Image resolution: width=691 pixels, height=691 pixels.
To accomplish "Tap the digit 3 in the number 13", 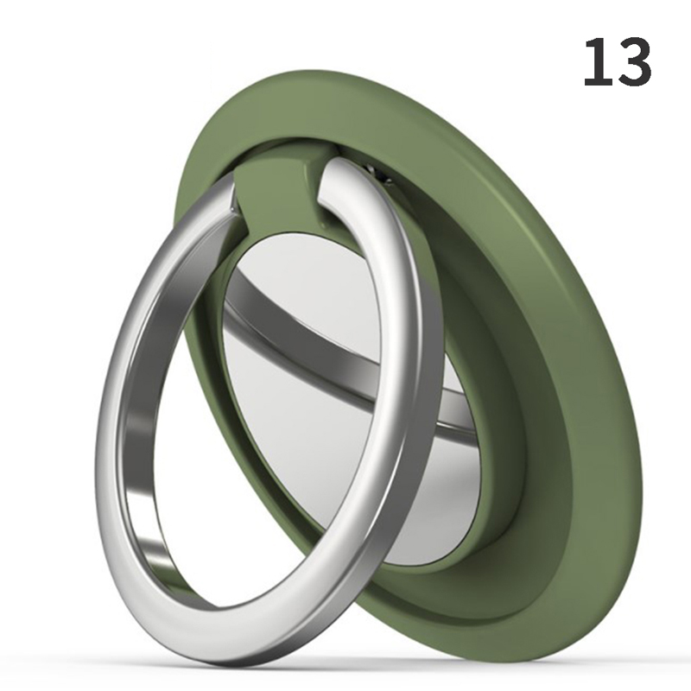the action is [x=633, y=61].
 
